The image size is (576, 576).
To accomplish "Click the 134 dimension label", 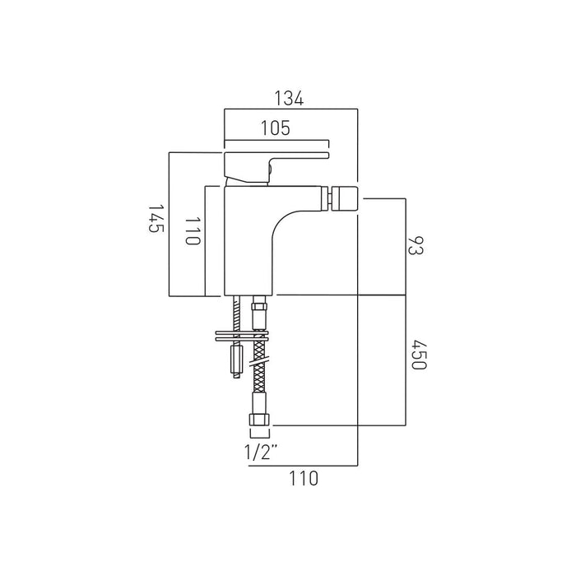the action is [x=289, y=99].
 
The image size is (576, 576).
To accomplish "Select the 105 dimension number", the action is [x=275, y=128].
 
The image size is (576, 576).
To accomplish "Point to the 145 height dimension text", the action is [x=155, y=218].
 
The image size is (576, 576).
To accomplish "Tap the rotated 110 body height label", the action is [x=193, y=230].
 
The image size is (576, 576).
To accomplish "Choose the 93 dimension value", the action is [x=416, y=245].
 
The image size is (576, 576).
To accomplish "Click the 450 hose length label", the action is [x=418, y=355].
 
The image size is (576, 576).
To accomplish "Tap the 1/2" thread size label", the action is [x=260, y=452].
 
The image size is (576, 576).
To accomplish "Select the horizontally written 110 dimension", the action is [x=304, y=478].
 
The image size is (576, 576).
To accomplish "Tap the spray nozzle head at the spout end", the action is [x=344, y=198].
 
